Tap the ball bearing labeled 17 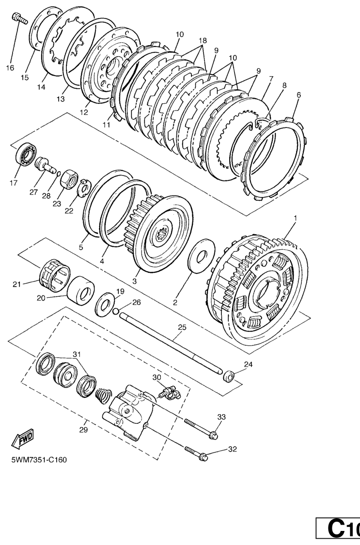coord(26,155)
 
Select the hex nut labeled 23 coord(69,178)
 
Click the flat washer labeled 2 coord(202,256)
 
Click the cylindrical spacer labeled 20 coord(80,291)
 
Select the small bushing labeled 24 coord(228,376)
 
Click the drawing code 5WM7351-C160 coord(39,460)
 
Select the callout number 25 coord(182,327)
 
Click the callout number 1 coord(295,218)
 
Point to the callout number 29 coord(83,430)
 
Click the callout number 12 coord(84,112)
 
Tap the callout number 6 coord(298,95)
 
